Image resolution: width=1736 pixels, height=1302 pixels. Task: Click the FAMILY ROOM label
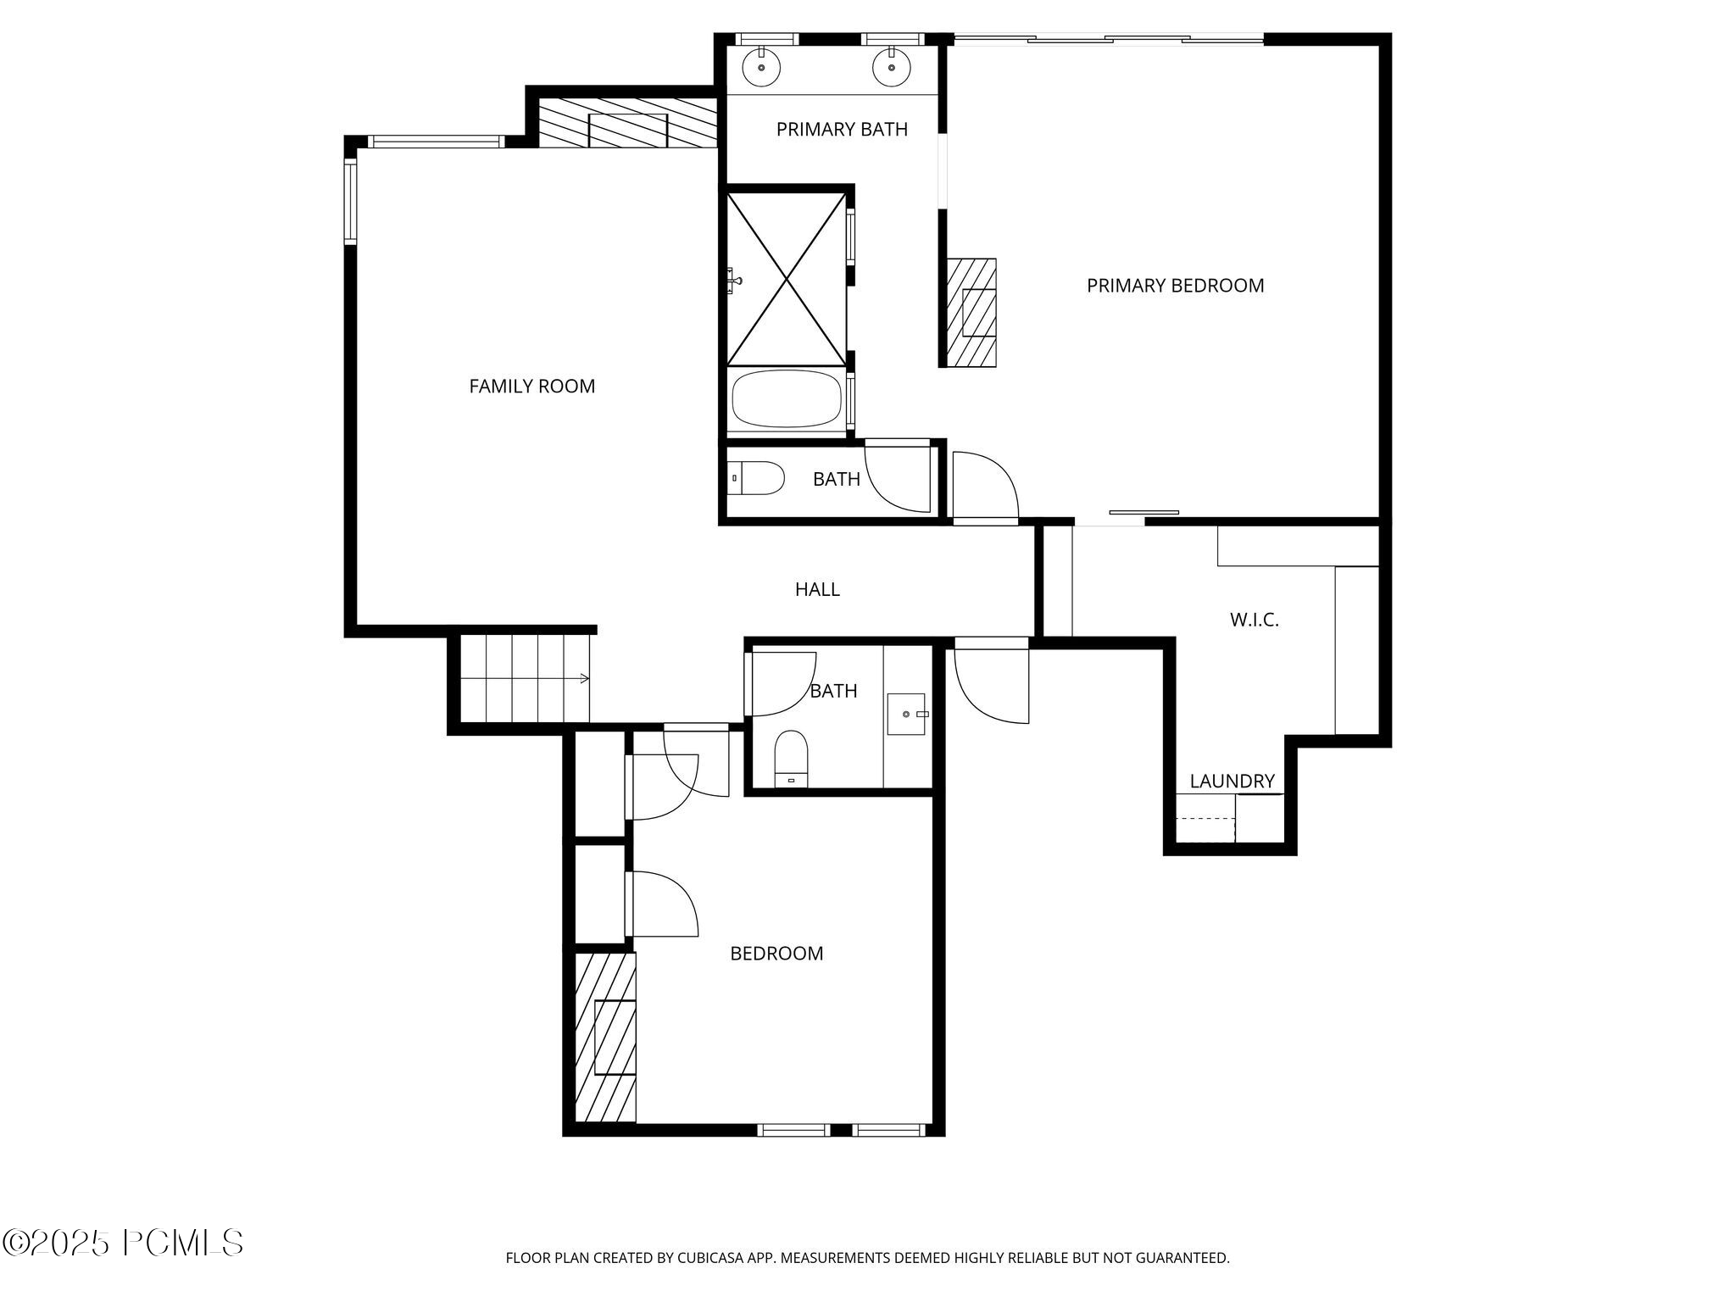(531, 387)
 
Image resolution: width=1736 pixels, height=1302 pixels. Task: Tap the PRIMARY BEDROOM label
(1175, 286)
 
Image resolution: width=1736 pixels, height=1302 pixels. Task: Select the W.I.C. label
(1254, 620)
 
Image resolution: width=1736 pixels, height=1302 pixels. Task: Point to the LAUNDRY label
(1232, 782)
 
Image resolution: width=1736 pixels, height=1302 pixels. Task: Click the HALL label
(817, 589)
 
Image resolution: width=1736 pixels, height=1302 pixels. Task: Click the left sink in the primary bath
(761, 67)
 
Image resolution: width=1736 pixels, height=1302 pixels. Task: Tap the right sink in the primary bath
(892, 67)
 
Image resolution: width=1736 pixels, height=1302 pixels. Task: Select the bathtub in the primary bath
(786, 399)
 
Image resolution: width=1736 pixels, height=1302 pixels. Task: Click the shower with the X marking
(787, 279)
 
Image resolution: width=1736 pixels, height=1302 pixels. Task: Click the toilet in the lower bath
(792, 757)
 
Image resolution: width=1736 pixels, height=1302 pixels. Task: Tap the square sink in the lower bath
(906, 714)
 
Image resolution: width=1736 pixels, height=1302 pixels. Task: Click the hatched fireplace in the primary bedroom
(971, 313)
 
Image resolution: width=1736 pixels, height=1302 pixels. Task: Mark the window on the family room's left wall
(349, 202)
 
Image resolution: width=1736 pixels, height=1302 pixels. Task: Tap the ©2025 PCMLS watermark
(123, 1244)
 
